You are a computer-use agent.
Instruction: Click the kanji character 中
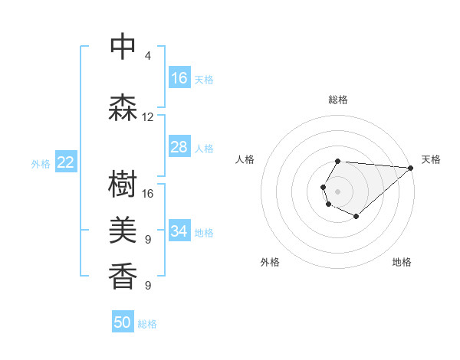point(123,47)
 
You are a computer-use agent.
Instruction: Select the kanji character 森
point(123,108)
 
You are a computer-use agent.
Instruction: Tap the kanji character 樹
point(123,185)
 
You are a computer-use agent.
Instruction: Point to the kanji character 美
point(123,231)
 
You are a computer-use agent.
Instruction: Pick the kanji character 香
point(123,277)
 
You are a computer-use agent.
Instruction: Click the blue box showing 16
point(179,78)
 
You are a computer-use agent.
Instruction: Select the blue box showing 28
point(179,147)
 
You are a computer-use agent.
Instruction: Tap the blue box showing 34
point(179,231)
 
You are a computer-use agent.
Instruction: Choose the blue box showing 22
point(66,162)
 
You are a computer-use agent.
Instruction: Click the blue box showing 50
point(123,322)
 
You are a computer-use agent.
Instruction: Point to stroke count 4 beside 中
point(148,56)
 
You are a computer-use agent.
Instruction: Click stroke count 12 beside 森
point(148,117)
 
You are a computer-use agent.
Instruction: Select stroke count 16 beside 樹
point(148,194)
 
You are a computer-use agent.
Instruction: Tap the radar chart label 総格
point(338,100)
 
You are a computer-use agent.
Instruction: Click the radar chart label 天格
point(431,159)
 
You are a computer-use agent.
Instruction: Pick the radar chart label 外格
point(270,262)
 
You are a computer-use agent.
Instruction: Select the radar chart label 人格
point(245,159)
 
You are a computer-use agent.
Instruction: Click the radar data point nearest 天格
point(411,168)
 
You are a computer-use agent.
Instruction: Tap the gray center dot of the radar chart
point(337,190)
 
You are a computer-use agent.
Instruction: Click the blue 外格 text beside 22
point(41,163)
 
